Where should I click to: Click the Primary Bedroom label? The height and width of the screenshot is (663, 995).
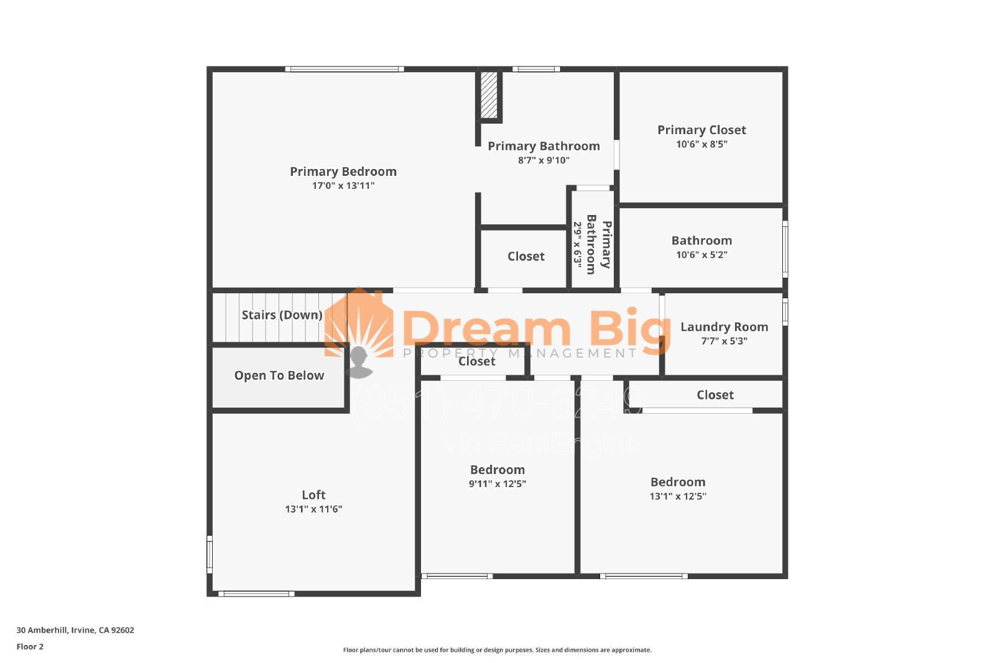(343, 171)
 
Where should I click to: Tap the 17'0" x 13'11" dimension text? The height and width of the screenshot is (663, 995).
(343, 186)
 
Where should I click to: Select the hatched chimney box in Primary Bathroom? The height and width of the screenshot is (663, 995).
(489, 95)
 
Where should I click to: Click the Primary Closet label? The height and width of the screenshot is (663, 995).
(701, 130)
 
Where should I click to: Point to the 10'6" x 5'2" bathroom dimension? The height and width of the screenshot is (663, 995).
(701, 255)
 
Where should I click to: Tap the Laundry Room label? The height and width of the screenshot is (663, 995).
(724, 327)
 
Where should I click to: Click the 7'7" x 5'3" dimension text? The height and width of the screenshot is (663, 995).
(724, 341)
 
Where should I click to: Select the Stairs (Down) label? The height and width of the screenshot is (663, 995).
(282, 315)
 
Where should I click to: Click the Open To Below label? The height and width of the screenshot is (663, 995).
(279, 375)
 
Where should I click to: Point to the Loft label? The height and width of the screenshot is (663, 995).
(313, 495)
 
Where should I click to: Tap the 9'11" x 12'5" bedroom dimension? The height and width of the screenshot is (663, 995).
(497, 484)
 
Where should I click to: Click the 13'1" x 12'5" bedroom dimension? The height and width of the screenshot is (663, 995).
(677, 496)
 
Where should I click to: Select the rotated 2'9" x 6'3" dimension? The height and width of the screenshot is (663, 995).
(577, 245)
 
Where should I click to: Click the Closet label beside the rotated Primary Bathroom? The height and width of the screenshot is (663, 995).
(525, 257)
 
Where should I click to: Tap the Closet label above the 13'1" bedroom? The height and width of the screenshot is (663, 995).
(715, 395)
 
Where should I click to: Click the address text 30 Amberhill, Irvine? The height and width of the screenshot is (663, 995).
(75, 630)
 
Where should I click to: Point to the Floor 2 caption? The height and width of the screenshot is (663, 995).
(30, 647)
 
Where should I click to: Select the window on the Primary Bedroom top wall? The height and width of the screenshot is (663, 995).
(345, 69)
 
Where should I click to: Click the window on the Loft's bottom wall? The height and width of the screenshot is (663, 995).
(256, 594)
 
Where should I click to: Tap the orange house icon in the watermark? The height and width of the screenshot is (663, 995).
(359, 323)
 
